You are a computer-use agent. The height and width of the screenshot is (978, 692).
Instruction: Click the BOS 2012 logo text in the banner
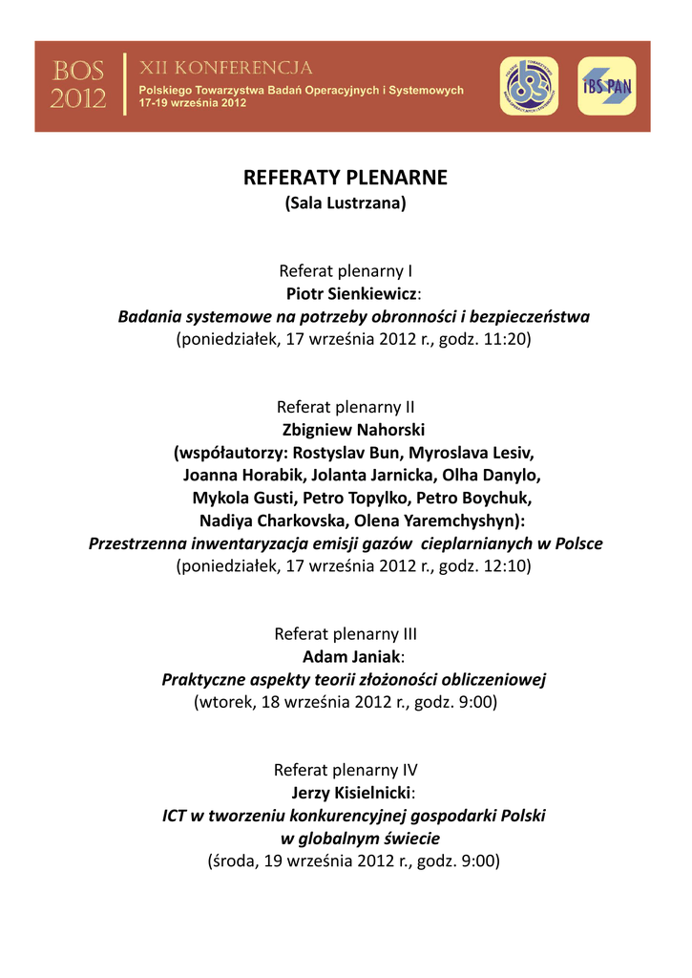(78, 84)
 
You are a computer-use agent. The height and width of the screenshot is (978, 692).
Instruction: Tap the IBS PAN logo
(606, 86)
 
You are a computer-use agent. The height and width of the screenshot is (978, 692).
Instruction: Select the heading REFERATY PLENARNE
(346, 178)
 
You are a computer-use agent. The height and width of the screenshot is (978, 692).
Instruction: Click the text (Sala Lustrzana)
(346, 202)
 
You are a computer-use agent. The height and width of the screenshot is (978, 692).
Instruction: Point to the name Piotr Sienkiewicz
(351, 293)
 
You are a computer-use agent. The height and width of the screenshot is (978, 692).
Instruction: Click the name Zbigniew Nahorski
(353, 429)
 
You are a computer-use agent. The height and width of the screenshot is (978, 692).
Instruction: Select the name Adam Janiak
(351, 656)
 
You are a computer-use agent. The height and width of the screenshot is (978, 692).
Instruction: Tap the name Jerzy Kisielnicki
(350, 793)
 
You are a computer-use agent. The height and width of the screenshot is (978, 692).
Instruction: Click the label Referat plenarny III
(346, 633)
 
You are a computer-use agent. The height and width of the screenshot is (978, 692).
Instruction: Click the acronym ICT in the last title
(174, 816)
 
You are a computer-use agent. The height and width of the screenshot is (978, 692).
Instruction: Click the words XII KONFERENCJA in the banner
(226, 69)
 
